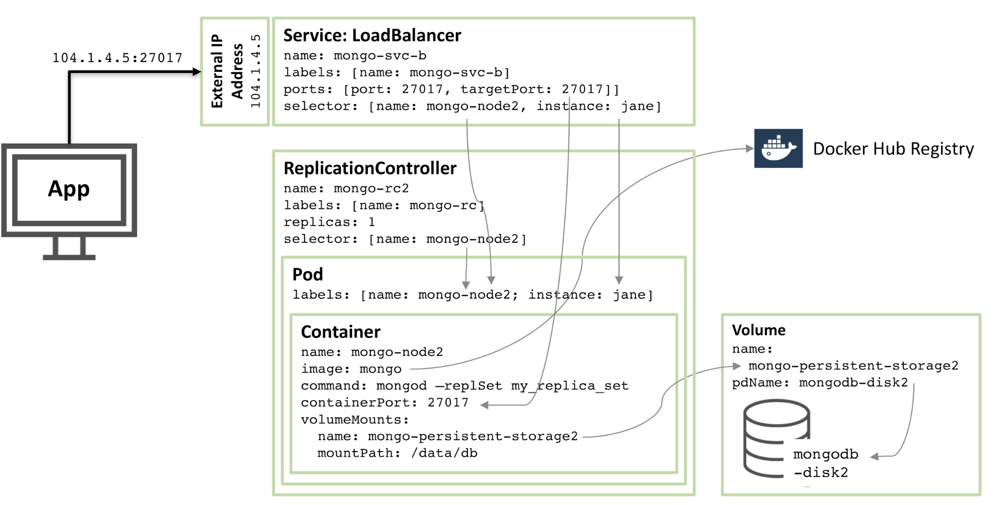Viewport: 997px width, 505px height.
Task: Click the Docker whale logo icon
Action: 778,149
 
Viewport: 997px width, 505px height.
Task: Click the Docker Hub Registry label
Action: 893,149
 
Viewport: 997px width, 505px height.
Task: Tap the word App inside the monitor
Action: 69,189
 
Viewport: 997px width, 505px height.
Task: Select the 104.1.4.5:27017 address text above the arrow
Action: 117,58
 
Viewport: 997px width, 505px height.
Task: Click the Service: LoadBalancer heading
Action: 372,35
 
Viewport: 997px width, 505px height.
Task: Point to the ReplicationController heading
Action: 370,168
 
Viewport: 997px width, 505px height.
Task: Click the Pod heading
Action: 307,275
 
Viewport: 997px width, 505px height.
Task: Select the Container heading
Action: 341,332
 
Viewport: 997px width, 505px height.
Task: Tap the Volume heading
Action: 758,330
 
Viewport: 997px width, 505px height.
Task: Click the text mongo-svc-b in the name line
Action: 380,55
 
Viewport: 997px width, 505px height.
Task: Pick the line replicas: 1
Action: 329,222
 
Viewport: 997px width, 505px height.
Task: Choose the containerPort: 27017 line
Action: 385,402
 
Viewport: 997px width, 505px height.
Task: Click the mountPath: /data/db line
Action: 397,453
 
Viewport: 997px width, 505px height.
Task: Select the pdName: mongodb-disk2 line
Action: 819,383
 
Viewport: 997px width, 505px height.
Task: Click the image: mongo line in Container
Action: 351,369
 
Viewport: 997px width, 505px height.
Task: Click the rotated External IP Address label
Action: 227,71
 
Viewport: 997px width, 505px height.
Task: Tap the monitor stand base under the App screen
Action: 69,257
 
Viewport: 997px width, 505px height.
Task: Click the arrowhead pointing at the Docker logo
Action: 749,148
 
